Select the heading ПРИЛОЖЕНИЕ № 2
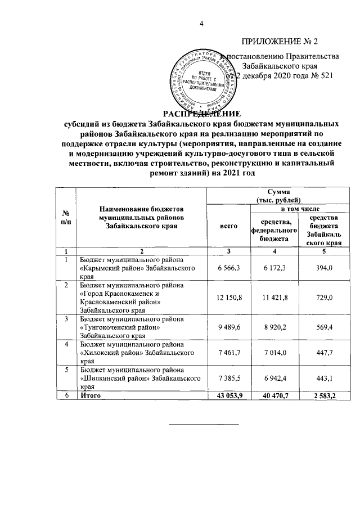[280, 42]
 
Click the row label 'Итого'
[91, 396]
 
